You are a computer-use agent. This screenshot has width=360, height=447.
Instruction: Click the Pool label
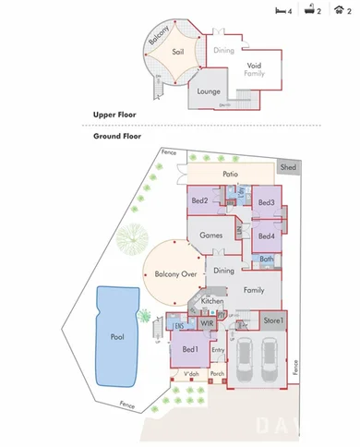[x=116, y=338]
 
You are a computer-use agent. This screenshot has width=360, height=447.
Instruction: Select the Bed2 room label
[x=200, y=200]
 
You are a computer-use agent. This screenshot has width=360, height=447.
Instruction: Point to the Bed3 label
[x=266, y=202]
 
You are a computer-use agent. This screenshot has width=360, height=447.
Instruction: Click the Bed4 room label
[x=266, y=235]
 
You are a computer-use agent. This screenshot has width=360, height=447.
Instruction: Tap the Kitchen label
[x=212, y=301]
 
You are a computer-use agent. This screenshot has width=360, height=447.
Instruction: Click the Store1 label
[x=273, y=320]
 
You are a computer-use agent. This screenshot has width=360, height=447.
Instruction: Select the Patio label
[x=232, y=174]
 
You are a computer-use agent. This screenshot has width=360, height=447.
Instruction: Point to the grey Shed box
[x=289, y=167]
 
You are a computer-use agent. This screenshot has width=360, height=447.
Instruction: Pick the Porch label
[x=218, y=374]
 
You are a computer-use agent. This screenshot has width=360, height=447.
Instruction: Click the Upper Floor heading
[x=115, y=115]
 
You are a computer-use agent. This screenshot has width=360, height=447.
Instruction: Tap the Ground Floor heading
[x=118, y=136]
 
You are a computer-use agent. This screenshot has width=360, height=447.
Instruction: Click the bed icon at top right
[x=281, y=11]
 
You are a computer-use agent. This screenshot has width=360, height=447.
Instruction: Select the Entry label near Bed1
[x=218, y=350]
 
